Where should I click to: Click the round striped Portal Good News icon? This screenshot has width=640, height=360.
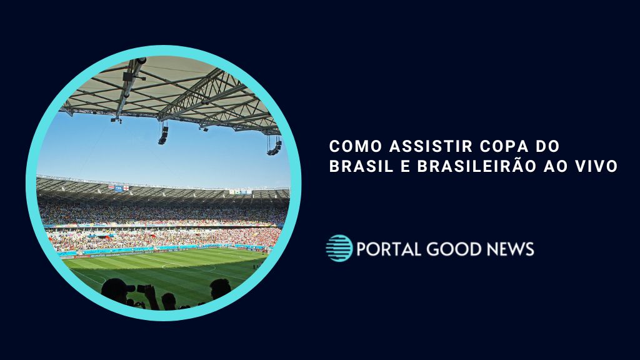pos(339,248)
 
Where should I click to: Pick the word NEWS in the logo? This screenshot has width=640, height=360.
pos(511,249)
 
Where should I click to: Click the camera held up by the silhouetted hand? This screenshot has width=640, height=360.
pos(142,288)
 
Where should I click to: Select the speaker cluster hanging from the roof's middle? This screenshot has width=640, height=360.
pos(163,135)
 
